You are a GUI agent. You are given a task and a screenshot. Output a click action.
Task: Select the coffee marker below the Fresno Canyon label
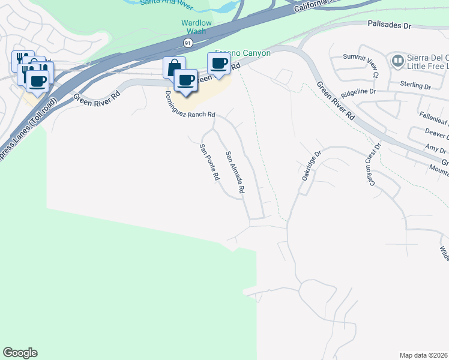coord(219,64)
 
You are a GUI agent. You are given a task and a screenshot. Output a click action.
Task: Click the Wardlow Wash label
coord(197,27)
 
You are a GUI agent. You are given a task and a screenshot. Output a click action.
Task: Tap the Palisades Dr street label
coord(389,26)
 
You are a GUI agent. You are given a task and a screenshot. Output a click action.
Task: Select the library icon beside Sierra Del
coord(397,61)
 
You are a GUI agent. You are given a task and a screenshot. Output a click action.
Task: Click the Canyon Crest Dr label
coord(372,163)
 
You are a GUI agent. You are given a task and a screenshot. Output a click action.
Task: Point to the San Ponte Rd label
coord(209,163)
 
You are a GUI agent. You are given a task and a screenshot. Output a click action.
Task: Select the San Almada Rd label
coord(235,172)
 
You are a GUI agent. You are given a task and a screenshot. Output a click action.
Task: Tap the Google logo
coord(20,353)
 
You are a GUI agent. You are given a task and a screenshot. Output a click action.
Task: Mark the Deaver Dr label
coord(437,133)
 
